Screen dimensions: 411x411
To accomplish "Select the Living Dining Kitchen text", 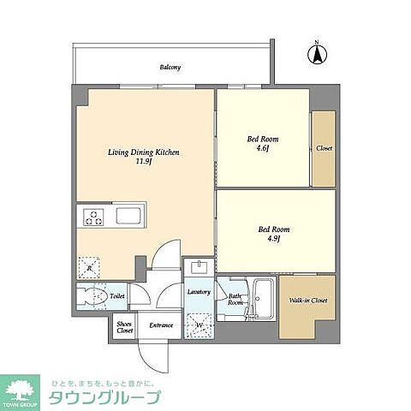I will pyautogui.click(x=143, y=152).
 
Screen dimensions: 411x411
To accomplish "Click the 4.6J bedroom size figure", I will pyautogui.click(x=263, y=147).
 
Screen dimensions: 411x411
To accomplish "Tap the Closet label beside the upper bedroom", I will pyautogui.click(x=324, y=147).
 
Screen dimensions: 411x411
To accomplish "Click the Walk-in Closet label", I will pyautogui.click(x=307, y=301).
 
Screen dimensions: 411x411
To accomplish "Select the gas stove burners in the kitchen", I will pyautogui.click(x=92, y=217).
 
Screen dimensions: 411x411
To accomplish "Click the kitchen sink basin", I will pyautogui.click(x=130, y=216).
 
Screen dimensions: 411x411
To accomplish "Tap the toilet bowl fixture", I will pyautogui.click(x=88, y=298).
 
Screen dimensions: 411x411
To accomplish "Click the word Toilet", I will pyautogui.click(x=118, y=296).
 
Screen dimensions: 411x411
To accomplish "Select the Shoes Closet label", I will pyautogui.click(x=125, y=325).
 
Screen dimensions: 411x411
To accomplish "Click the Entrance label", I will pyautogui.click(x=162, y=325).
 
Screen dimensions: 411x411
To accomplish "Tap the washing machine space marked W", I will pyautogui.click(x=199, y=326).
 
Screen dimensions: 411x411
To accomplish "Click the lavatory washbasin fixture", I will pyautogui.click(x=199, y=266).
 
